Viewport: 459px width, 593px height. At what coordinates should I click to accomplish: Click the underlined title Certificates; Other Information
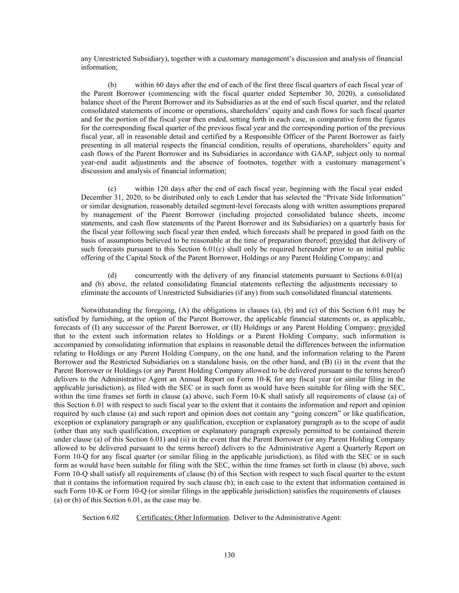pos(182,517)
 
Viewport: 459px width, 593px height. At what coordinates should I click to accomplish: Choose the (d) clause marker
pos(112,275)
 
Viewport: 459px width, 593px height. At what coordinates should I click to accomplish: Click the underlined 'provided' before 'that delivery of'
pos(343,241)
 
